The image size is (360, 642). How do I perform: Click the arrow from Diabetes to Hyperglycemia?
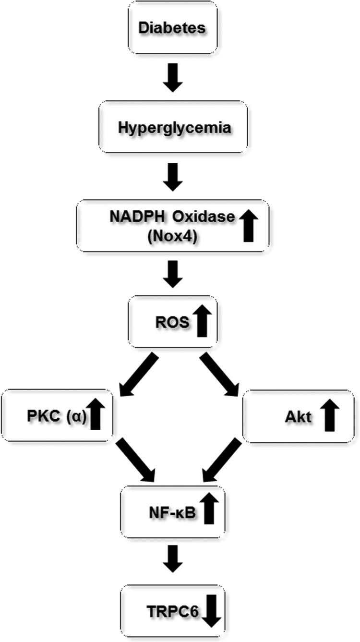point(172,79)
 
